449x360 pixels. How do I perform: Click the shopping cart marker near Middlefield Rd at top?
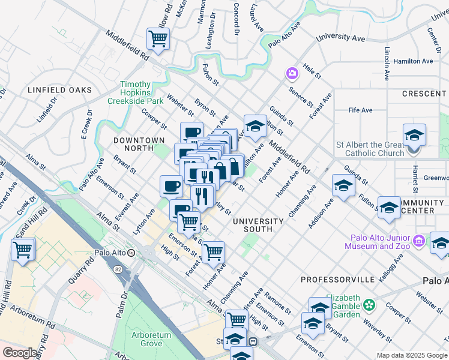(x=158, y=39)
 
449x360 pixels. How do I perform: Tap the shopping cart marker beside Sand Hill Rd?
(x=23, y=248)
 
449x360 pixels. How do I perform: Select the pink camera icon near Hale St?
(x=292, y=73)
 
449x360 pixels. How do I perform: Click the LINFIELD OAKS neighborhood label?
(x=60, y=90)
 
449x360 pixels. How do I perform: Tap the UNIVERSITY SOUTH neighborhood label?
(x=258, y=225)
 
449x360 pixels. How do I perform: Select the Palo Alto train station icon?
(x=139, y=253)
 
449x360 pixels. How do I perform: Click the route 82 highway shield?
(x=118, y=269)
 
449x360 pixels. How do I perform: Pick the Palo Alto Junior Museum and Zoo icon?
(x=419, y=241)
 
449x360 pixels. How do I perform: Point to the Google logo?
(x=20, y=353)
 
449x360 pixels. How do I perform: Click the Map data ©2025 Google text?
(x=411, y=355)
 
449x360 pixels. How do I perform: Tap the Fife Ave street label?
(x=361, y=110)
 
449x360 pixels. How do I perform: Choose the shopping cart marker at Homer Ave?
(x=212, y=252)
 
